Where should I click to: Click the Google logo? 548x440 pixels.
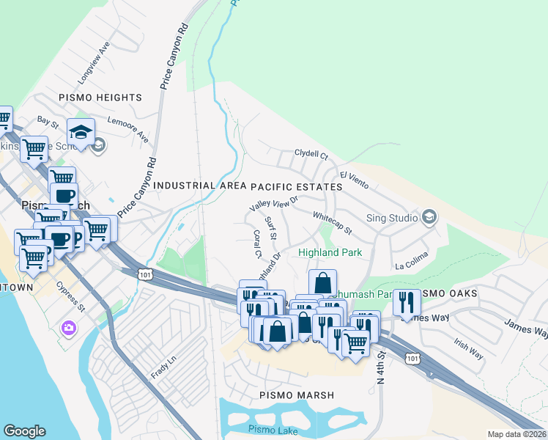(x=24, y=431)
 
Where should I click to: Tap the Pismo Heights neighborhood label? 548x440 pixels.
(x=100, y=98)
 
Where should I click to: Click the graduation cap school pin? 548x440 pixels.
(x=81, y=132)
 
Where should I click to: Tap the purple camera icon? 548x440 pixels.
(x=70, y=327)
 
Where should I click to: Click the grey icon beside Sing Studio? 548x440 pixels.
(x=429, y=216)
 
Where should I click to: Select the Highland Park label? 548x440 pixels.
(x=330, y=253)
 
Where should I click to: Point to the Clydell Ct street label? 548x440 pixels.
(x=311, y=155)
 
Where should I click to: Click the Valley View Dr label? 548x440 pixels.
(x=275, y=204)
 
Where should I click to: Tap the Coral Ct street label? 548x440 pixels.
(x=257, y=245)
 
